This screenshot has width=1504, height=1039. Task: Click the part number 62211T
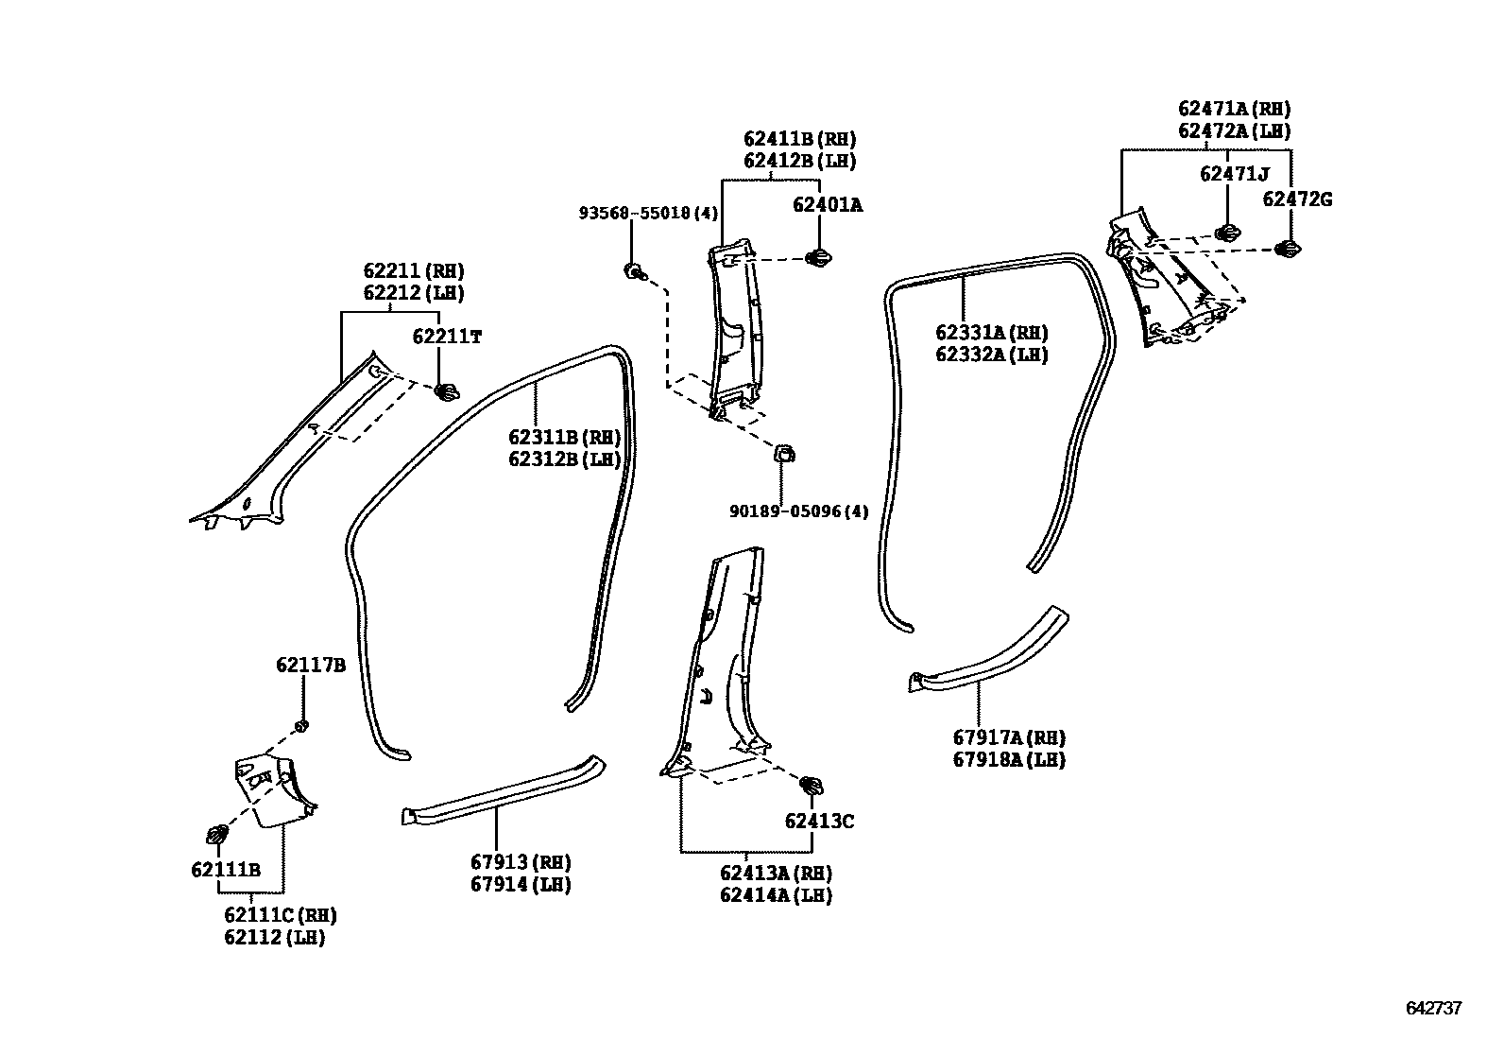pyautogui.click(x=447, y=337)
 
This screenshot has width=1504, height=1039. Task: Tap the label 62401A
pyautogui.click(x=827, y=204)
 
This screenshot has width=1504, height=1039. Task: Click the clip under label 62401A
pyautogui.click(x=818, y=256)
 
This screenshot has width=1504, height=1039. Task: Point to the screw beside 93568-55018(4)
pyautogui.click(x=634, y=272)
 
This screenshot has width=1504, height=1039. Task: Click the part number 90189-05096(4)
pyautogui.click(x=798, y=511)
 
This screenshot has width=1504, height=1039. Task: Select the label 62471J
pyautogui.click(x=1234, y=174)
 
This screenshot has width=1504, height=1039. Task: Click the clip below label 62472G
pyautogui.click(x=1288, y=249)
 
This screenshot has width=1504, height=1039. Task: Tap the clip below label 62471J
pyautogui.click(x=1226, y=233)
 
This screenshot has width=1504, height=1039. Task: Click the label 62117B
pyautogui.click(x=311, y=666)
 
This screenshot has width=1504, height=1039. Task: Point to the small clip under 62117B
pyautogui.click(x=302, y=726)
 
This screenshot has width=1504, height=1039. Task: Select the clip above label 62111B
pyautogui.click(x=217, y=835)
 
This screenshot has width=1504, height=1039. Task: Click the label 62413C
pyautogui.click(x=819, y=822)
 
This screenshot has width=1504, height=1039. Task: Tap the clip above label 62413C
pyautogui.click(x=811, y=784)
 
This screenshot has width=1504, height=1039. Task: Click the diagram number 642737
pyautogui.click(x=1433, y=1009)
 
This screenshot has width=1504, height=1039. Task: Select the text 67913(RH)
pyautogui.click(x=521, y=862)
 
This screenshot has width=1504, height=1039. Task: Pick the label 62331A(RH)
pyautogui.click(x=992, y=333)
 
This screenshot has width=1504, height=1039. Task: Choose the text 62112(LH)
pyautogui.click(x=275, y=938)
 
